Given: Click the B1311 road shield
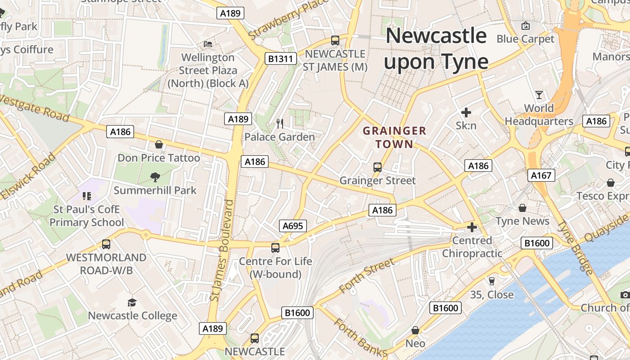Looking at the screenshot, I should click(x=280, y=58).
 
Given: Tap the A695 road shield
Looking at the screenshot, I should click(x=292, y=226).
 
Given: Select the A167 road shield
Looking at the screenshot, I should click(x=541, y=175).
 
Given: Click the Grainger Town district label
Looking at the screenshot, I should click(x=394, y=137).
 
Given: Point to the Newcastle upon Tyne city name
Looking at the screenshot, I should click(x=436, y=49).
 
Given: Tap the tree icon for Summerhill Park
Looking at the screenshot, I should click(x=155, y=177).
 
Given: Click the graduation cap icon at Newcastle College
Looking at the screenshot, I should click(x=132, y=302).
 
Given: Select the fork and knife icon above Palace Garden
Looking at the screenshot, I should click(x=280, y=123).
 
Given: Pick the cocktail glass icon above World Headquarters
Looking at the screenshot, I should click(x=539, y=95).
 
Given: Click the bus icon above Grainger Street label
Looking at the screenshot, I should click(x=378, y=167).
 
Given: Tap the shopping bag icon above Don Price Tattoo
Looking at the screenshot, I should click(x=158, y=144).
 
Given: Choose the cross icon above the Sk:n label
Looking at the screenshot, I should click(x=466, y=112).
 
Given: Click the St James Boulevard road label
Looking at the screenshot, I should click(x=222, y=251).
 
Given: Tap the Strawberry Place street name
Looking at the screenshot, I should click(x=288, y=19).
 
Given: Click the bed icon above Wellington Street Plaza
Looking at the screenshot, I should click(x=208, y=44).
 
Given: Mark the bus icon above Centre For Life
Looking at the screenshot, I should click(x=275, y=247).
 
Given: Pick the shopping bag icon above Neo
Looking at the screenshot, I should click(x=415, y=330).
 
